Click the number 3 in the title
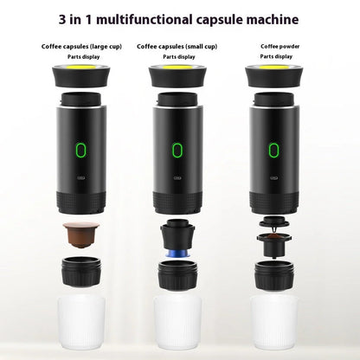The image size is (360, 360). click(x=87, y=18)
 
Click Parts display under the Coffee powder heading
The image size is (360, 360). click(x=278, y=58)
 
